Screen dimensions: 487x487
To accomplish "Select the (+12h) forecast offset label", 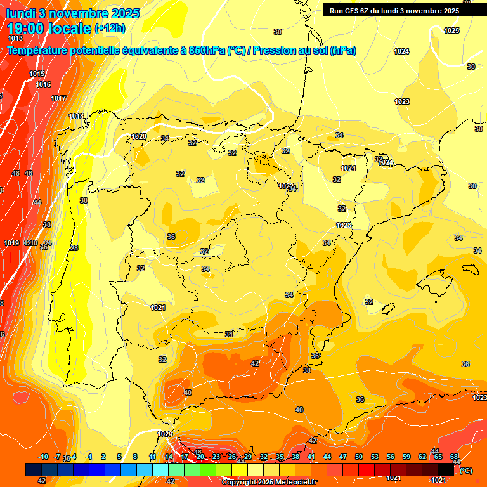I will (110, 28).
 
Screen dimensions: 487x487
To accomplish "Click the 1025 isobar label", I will (451, 30).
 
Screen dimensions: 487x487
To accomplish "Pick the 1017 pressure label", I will (58, 98).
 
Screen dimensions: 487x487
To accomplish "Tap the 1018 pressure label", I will (76, 116).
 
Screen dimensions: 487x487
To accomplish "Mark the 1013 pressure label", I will (15, 39).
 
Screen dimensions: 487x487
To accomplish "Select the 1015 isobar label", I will (37, 74).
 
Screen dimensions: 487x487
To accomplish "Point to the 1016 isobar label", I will (43, 84).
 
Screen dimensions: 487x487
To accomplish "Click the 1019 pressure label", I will (11, 243).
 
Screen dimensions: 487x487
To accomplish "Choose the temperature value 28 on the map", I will (74, 248).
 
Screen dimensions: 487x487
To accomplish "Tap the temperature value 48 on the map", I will (16, 173).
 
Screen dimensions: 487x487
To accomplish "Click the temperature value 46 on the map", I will (29, 173).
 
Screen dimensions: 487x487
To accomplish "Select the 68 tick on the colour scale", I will (454, 457).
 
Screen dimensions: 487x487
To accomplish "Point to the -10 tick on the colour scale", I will (43, 457).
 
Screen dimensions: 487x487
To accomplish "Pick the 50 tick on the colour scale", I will (359, 457).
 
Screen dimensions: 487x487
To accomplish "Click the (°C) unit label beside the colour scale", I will (466, 471).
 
